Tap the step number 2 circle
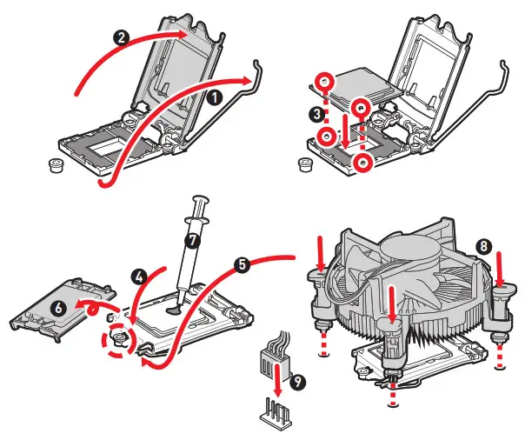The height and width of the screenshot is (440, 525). pyautogui.click(x=123, y=37)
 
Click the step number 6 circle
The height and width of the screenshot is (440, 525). pyautogui.click(x=58, y=308)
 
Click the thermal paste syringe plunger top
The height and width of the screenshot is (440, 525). pyautogui.click(x=203, y=200)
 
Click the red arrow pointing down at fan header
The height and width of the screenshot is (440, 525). pyautogui.click(x=277, y=379)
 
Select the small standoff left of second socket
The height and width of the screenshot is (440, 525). pyautogui.click(x=304, y=163)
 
